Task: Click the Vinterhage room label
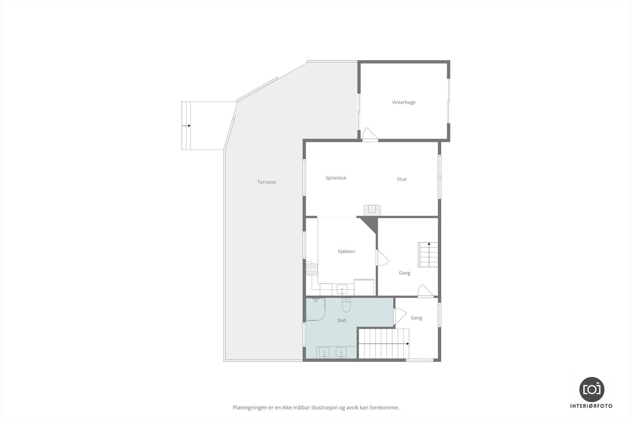point(403,102)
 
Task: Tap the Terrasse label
point(267,182)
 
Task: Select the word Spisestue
point(336,178)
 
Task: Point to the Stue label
point(402,179)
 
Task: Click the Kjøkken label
point(346,252)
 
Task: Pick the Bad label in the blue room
point(342,320)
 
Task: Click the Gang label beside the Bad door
point(416,318)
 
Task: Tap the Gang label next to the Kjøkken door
point(404,273)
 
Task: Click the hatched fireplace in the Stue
point(372,209)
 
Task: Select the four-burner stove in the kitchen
point(312,269)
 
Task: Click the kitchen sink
point(342,290)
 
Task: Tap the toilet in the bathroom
point(346,305)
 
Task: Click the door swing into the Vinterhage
point(370,134)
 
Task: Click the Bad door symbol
point(400,317)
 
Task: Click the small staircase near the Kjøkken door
point(429,255)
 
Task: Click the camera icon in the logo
point(591,389)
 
